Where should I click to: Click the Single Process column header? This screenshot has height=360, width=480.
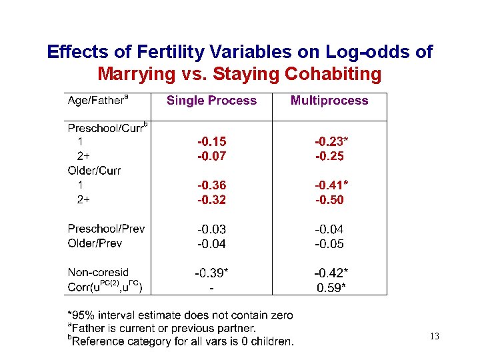click(211, 101)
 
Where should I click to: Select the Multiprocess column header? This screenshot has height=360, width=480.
click(329, 101)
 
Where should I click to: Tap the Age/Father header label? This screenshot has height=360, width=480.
click(97, 101)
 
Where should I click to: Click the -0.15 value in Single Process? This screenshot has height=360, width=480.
click(211, 142)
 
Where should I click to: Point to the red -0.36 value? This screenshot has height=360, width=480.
click(211, 185)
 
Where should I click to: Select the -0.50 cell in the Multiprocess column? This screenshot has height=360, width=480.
click(329, 200)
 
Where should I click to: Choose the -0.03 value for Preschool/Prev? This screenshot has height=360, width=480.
click(211, 229)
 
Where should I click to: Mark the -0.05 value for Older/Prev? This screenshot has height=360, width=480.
click(329, 244)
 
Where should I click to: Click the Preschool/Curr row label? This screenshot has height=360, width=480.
click(107, 127)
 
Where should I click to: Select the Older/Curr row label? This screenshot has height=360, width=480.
click(94, 171)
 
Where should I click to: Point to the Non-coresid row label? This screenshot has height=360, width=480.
click(98, 273)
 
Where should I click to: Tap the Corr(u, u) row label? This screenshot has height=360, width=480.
click(105, 287)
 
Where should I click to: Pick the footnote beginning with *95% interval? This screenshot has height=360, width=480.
click(180, 315)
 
